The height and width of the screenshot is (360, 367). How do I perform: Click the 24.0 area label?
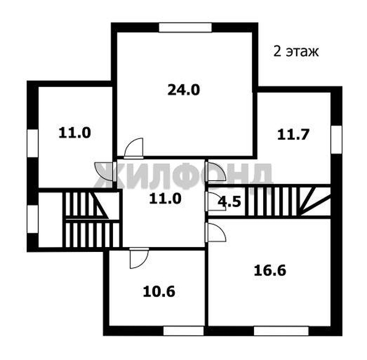184,90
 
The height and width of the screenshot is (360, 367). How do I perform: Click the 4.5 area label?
230,201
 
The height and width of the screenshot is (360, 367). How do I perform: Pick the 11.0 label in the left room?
75,132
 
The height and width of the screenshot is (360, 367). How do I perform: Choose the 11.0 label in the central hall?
164,198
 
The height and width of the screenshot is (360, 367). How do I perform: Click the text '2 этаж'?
295,51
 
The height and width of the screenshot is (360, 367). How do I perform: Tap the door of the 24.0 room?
133,148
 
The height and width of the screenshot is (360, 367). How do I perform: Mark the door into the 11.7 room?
216,170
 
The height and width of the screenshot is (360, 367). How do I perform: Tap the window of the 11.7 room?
336,140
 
